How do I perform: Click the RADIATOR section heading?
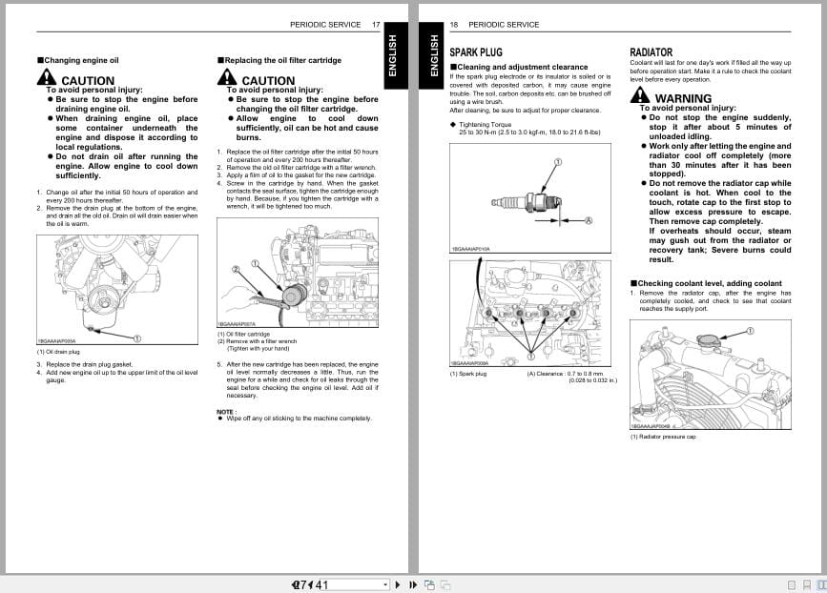click(x=651, y=52)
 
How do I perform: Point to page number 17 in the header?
click(x=376, y=24)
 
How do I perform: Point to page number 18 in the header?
click(x=454, y=24)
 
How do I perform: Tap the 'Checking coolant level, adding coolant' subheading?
click(x=705, y=283)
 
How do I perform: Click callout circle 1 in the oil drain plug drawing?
click(x=137, y=337)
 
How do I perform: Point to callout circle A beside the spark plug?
click(x=589, y=220)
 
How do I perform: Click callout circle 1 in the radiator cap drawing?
click(x=749, y=331)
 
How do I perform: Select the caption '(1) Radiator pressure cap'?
click(x=663, y=437)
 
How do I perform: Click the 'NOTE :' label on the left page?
click(x=226, y=412)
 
